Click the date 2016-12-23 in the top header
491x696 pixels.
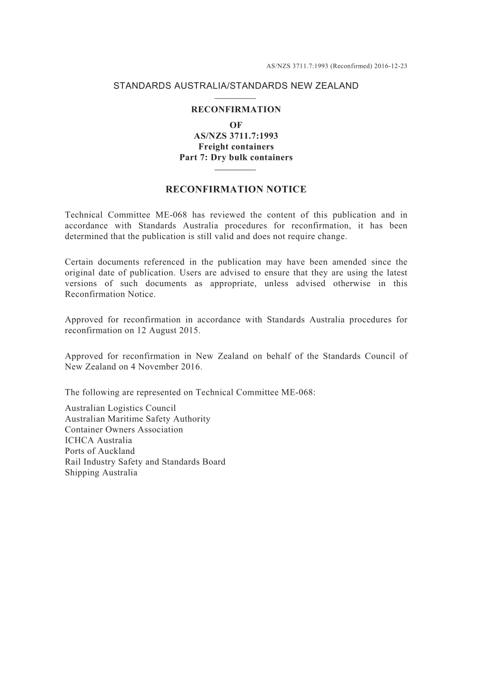click(391, 66)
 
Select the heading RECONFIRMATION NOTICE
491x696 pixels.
click(236, 189)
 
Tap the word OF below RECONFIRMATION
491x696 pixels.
click(236, 125)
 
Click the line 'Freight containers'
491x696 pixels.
click(236, 146)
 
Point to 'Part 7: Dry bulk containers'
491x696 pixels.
click(236, 157)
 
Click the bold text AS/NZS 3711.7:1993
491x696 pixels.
click(236, 136)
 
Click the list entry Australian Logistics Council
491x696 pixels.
click(120, 408)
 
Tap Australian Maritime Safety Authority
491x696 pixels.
click(137, 419)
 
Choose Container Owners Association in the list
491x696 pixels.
click(124, 430)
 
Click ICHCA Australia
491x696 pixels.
click(98, 440)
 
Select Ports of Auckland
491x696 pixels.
click(100, 451)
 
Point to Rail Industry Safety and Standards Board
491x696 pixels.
click(145, 462)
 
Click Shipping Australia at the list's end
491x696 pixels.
click(101, 472)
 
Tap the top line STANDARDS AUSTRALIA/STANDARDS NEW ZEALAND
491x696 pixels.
click(236, 86)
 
